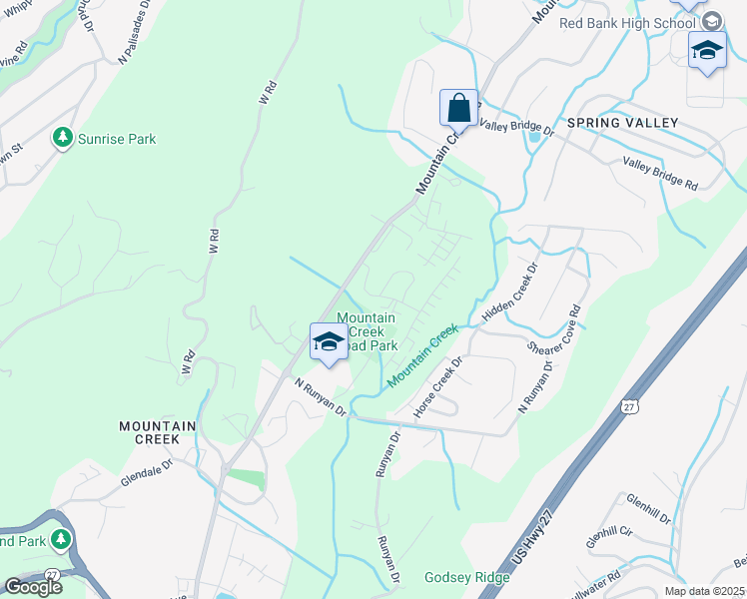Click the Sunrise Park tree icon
click(64, 137)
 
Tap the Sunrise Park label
click(118, 140)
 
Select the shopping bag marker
click(458, 108)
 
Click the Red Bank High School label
click(628, 23)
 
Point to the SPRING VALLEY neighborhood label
click(622, 123)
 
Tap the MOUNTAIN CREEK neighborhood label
click(150, 432)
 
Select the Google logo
click(32, 587)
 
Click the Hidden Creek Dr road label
click(509, 292)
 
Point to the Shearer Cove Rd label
click(554, 330)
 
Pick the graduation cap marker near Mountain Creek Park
click(328, 342)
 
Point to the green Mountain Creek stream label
click(422, 356)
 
